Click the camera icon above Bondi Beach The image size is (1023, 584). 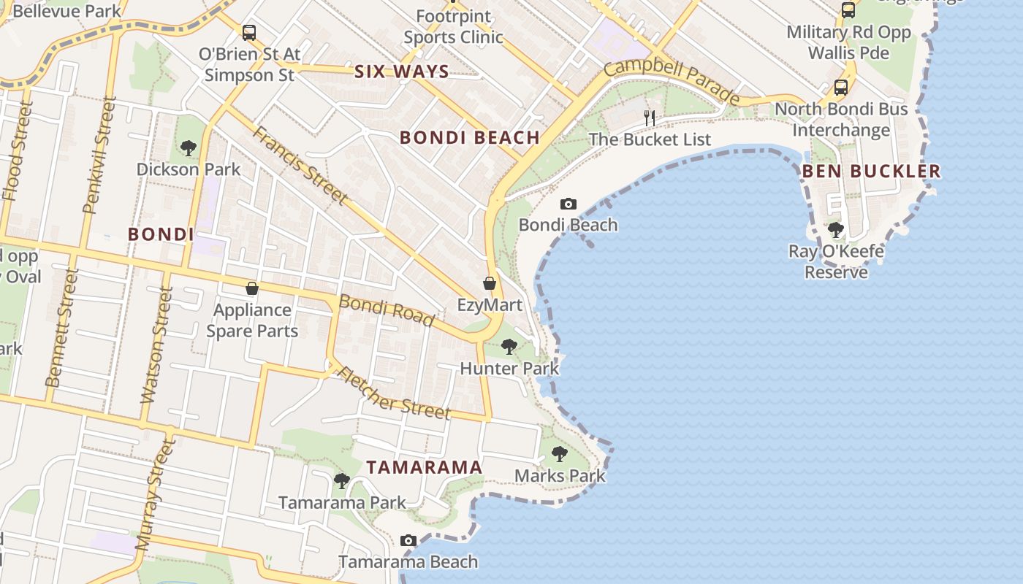coord(568,204)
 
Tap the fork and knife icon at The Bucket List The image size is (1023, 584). coord(649,118)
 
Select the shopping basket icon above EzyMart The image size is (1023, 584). coord(490,283)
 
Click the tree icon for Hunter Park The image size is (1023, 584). coord(509,347)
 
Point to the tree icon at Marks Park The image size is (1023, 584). coord(560,454)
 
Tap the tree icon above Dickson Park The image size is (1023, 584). coord(188,148)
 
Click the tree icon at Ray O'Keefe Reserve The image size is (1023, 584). coord(836,230)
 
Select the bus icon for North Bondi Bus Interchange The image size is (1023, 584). coord(841,88)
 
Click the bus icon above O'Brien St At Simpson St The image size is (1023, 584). coord(249,32)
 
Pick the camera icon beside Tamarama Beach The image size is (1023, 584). coord(408,541)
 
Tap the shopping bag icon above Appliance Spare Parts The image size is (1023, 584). coord(252,288)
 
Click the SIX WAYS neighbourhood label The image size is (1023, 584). coord(401,72)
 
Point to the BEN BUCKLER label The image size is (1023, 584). coord(871,172)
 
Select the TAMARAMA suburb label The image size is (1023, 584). coord(424,467)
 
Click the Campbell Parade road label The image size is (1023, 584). coord(672,81)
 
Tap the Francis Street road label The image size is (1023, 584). coord(300,165)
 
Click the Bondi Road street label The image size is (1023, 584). coord(387,311)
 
